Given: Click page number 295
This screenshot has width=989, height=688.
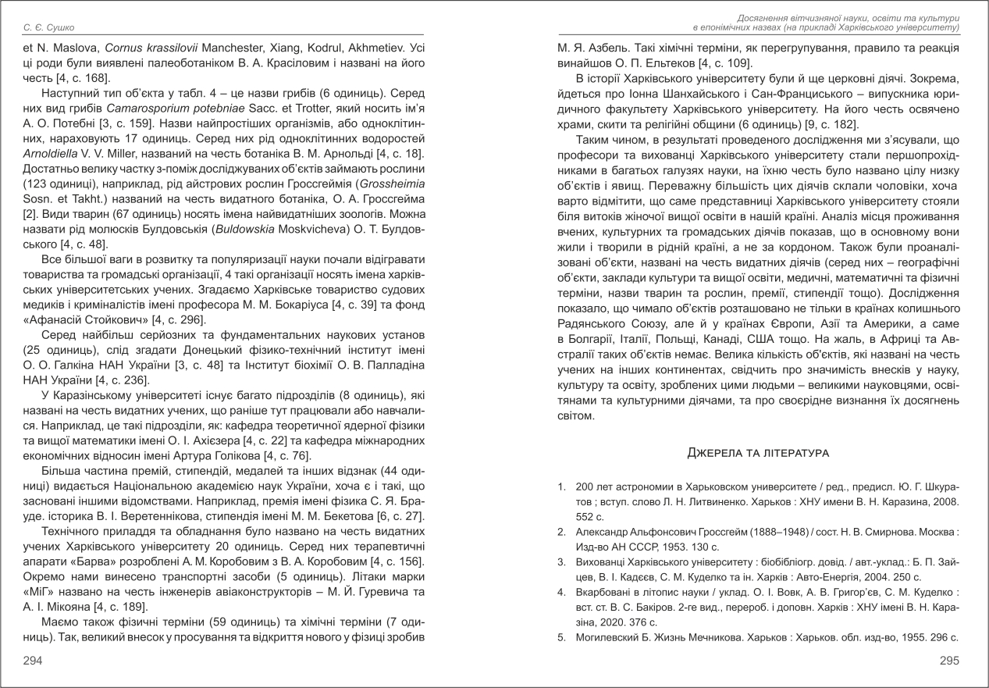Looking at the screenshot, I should (x=949, y=661).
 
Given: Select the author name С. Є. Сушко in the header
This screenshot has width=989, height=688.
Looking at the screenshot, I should (x=49, y=29).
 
